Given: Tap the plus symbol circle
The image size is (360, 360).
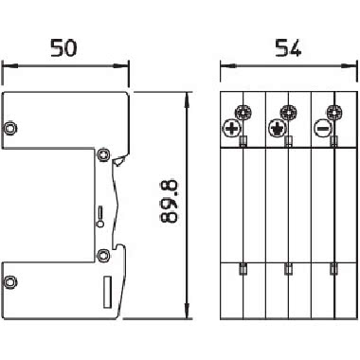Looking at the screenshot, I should [x=231, y=129].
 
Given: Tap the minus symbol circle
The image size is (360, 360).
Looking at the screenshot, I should [x=323, y=128].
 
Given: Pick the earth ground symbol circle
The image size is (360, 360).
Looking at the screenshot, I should [x=278, y=128].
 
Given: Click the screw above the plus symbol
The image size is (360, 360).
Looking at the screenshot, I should [x=244, y=113].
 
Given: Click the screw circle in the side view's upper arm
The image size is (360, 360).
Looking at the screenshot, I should [x=10, y=128].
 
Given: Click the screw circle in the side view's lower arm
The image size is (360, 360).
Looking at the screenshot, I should [x=10, y=280].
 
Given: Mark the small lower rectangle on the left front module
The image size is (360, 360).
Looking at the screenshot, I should [x=243, y=268].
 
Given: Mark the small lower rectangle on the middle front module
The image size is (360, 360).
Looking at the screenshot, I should [x=288, y=268].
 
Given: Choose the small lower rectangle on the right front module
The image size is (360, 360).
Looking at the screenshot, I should [x=333, y=268].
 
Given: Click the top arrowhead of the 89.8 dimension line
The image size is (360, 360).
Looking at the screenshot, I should [x=183, y=96].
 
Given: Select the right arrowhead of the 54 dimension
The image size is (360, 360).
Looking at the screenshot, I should [x=350, y=64].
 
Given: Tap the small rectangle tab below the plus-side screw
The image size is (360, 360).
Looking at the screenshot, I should [x=243, y=141].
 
